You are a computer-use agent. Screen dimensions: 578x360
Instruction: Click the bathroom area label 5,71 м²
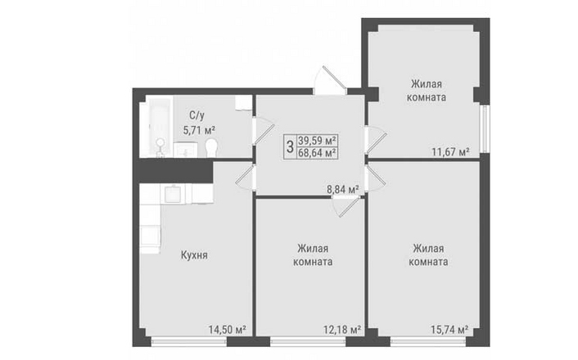pyautogui.click(x=200, y=130)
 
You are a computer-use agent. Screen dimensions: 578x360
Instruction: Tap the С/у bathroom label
pyautogui.click(x=196, y=115)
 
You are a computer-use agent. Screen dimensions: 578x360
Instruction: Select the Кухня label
pyautogui.click(x=194, y=255)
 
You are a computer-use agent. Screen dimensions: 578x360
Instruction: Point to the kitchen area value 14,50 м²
pyautogui.click(x=227, y=330)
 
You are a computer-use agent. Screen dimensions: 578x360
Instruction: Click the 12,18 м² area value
pyautogui.click(x=342, y=330)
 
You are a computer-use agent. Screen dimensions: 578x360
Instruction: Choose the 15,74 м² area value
pyautogui.click(x=449, y=329)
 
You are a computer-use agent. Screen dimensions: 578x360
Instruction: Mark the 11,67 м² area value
pyautogui.click(x=450, y=151)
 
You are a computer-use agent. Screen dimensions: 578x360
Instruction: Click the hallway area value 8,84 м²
pyautogui.click(x=343, y=190)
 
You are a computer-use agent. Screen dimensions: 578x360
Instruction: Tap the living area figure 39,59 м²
pyautogui.click(x=318, y=141)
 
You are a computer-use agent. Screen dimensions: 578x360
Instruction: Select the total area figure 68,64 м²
pyautogui.click(x=318, y=153)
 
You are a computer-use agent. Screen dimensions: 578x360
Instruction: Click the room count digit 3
pyautogui.click(x=290, y=146)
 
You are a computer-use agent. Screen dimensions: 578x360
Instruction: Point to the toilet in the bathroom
pyautogui.click(x=211, y=148)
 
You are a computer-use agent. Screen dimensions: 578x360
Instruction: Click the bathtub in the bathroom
pyautogui.click(x=156, y=126)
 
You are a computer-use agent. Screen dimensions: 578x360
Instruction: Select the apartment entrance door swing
pyautogui.click(x=330, y=81)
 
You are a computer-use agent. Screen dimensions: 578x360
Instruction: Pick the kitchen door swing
pyautogui.click(x=246, y=178)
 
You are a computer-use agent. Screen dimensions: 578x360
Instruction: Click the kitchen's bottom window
pyautogui.click(x=189, y=341)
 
